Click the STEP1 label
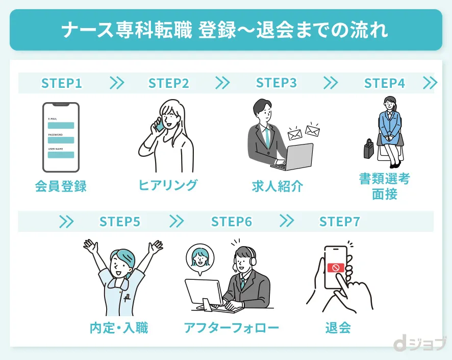tap(62, 83)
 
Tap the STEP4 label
tap(384, 83)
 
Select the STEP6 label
tap(232, 222)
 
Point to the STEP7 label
tap(340, 222)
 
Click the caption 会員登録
tap(61, 186)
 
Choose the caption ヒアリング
tap(168, 185)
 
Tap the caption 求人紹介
tap(278, 186)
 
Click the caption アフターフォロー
tap(232, 327)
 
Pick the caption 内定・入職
tap(118, 327)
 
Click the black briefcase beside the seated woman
tap(368, 149)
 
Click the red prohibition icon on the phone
tap(336, 267)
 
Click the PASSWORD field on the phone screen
tap(61, 140)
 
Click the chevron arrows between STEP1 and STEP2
tap(117, 83)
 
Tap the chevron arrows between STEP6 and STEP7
tap(287, 221)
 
